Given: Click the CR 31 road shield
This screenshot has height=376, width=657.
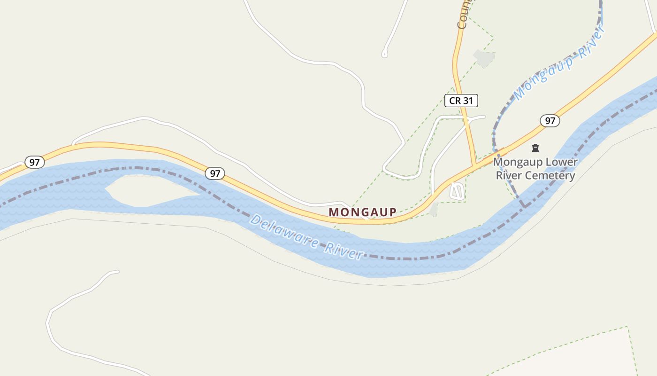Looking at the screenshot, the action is (461, 100).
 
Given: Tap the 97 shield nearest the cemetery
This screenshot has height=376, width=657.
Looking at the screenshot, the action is (550, 121).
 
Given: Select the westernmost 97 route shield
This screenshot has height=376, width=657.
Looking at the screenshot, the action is (34, 163).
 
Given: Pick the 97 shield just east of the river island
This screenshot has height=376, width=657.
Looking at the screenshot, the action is (214, 173).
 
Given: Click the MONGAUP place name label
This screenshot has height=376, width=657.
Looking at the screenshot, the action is (362, 212).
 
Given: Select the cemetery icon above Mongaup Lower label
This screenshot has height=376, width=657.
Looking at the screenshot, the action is (535, 149).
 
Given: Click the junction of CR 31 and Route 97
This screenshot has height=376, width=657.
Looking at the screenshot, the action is (476, 164).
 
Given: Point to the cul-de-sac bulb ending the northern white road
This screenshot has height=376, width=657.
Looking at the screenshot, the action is (385, 54).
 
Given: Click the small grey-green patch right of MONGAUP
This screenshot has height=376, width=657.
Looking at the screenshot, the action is (434, 210).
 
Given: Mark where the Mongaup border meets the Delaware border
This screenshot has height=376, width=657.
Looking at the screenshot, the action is (524, 206).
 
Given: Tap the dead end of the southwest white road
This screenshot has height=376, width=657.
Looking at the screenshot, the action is (117, 271).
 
